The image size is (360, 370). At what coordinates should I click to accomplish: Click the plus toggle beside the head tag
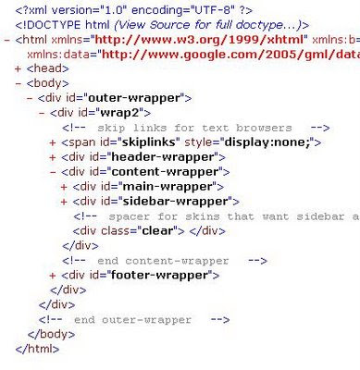tap(18, 68)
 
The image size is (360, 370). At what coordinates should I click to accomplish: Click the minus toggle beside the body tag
tap(19, 83)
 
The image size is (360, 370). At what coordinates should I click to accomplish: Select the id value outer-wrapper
tap(134, 98)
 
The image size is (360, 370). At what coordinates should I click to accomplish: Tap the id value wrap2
tap(120, 113)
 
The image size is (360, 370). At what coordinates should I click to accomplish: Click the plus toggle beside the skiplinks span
tap(53, 142)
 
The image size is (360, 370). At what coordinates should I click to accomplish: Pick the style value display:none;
tap(267, 142)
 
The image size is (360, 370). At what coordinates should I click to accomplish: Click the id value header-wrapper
tap(163, 157)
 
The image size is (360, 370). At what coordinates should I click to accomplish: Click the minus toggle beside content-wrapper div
tap(53, 172)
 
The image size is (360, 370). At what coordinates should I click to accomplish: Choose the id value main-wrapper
tap(168, 187)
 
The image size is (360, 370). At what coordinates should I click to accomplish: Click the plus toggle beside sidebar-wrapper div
tap(64, 202)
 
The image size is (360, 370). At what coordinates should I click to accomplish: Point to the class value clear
tap(157, 231)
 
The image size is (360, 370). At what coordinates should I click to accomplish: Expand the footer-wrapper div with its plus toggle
tap(53, 276)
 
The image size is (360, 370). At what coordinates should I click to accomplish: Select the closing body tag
tap(51, 335)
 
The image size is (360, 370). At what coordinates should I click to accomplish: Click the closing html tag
tap(37, 349)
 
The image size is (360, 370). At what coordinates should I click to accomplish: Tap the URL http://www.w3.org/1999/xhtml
tap(199, 40)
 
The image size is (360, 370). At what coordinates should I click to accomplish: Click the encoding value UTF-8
tap(214, 10)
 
